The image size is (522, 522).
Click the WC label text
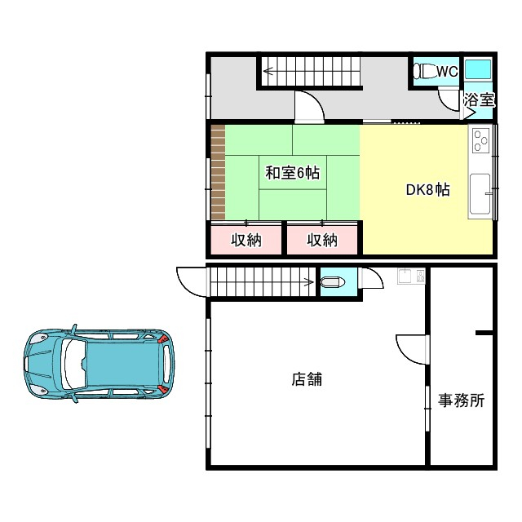[447, 72]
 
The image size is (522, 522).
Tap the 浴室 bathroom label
[480, 100]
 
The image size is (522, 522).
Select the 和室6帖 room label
[292, 174]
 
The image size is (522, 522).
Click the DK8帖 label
[428, 190]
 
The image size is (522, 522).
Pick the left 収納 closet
[245, 240]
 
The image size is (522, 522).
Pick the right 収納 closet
[322, 240]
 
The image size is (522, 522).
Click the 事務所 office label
[462, 400]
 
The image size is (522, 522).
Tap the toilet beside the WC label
[424, 71]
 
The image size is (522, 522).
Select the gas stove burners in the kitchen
[480, 142]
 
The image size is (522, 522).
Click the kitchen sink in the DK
[479, 193]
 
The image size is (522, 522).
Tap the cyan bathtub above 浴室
[478, 69]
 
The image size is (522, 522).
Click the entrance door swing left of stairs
[190, 281]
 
